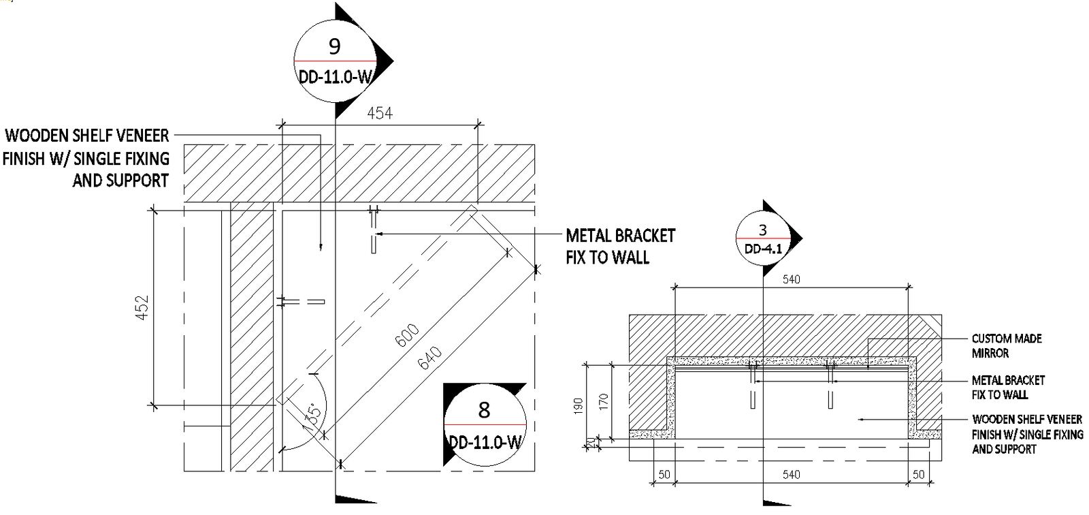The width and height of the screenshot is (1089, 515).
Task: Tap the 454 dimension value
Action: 380,113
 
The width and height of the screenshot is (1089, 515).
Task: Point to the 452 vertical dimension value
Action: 142,307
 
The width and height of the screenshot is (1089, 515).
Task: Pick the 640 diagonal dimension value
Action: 429,358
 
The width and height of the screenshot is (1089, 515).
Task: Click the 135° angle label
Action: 312,413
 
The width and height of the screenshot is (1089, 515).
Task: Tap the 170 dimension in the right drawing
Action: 603,401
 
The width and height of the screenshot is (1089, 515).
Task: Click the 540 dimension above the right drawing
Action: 791,279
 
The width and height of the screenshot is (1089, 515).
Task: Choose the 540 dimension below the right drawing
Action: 791,474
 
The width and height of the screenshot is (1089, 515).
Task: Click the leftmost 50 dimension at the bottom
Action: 664,474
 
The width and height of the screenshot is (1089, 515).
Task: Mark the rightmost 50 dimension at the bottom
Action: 918,474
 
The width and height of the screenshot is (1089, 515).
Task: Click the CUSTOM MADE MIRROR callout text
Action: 1006,346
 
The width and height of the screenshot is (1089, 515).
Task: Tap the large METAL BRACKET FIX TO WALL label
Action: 620,246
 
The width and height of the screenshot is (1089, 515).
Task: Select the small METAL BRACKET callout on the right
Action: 1007,388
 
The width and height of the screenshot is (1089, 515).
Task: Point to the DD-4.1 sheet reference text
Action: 763,249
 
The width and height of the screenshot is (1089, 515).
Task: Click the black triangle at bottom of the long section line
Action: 355,499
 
